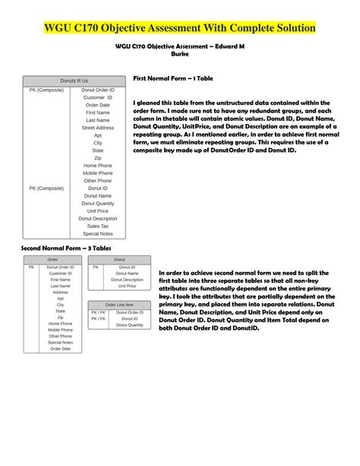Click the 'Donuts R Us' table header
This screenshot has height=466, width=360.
[x=74, y=80]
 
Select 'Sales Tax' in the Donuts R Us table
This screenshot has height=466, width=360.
[x=98, y=226]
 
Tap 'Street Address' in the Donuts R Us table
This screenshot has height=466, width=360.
[x=98, y=128]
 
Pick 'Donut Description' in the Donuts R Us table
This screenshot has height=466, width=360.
[x=98, y=218]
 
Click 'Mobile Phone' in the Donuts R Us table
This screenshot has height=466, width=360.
[x=98, y=173]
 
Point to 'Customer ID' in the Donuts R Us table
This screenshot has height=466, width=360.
[x=98, y=97]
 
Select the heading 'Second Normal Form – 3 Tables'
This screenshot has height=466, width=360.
[x=66, y=248]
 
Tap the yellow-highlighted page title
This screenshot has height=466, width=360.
[x=179, y=28]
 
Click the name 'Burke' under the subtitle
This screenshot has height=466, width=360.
[x=181, y=54]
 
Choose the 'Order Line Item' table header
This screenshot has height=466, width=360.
[x=119, y=305]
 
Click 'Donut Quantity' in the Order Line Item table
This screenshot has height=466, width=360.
[x=129, y=325]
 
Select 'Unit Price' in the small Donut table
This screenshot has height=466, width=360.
[x=127, y=286]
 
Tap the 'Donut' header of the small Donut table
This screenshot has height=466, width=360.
[x=119, y=260]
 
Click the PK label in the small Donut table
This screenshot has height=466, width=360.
[x=96, y=267]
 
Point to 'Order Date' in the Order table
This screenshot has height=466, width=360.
[x=60, y=349]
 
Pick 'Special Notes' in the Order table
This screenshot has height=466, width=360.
[x=60, y=342]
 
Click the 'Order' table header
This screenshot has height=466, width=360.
[x=52, y=260]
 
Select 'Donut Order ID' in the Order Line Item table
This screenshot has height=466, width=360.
[x=129, y=312]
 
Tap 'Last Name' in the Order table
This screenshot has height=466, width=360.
[x=60, y=286]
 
